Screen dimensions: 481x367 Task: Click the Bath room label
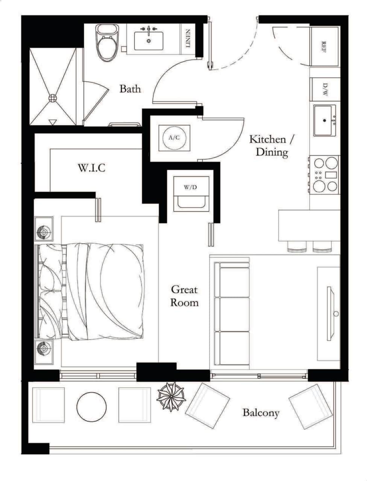pyautogui.click(x=130, y=89)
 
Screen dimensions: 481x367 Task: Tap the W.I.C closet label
pyautogui.click(x=91, y=168)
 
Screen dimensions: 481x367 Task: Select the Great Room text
pyautogui.click(x=184, y=296)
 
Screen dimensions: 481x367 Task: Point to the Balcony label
pyautogui.click(x=261, y=413)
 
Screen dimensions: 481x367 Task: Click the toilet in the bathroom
pyautogui.click(x=107, y=42)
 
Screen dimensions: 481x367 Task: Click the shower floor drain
pyautogui.click(x=53, y=98)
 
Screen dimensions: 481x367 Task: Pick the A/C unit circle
pyautogui.click(x=174, y=138)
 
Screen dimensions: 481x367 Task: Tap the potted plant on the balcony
pyautogui.click(x=171, y=396)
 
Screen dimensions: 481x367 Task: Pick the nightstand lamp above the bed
pyautogui.click(x=44, y=233)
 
